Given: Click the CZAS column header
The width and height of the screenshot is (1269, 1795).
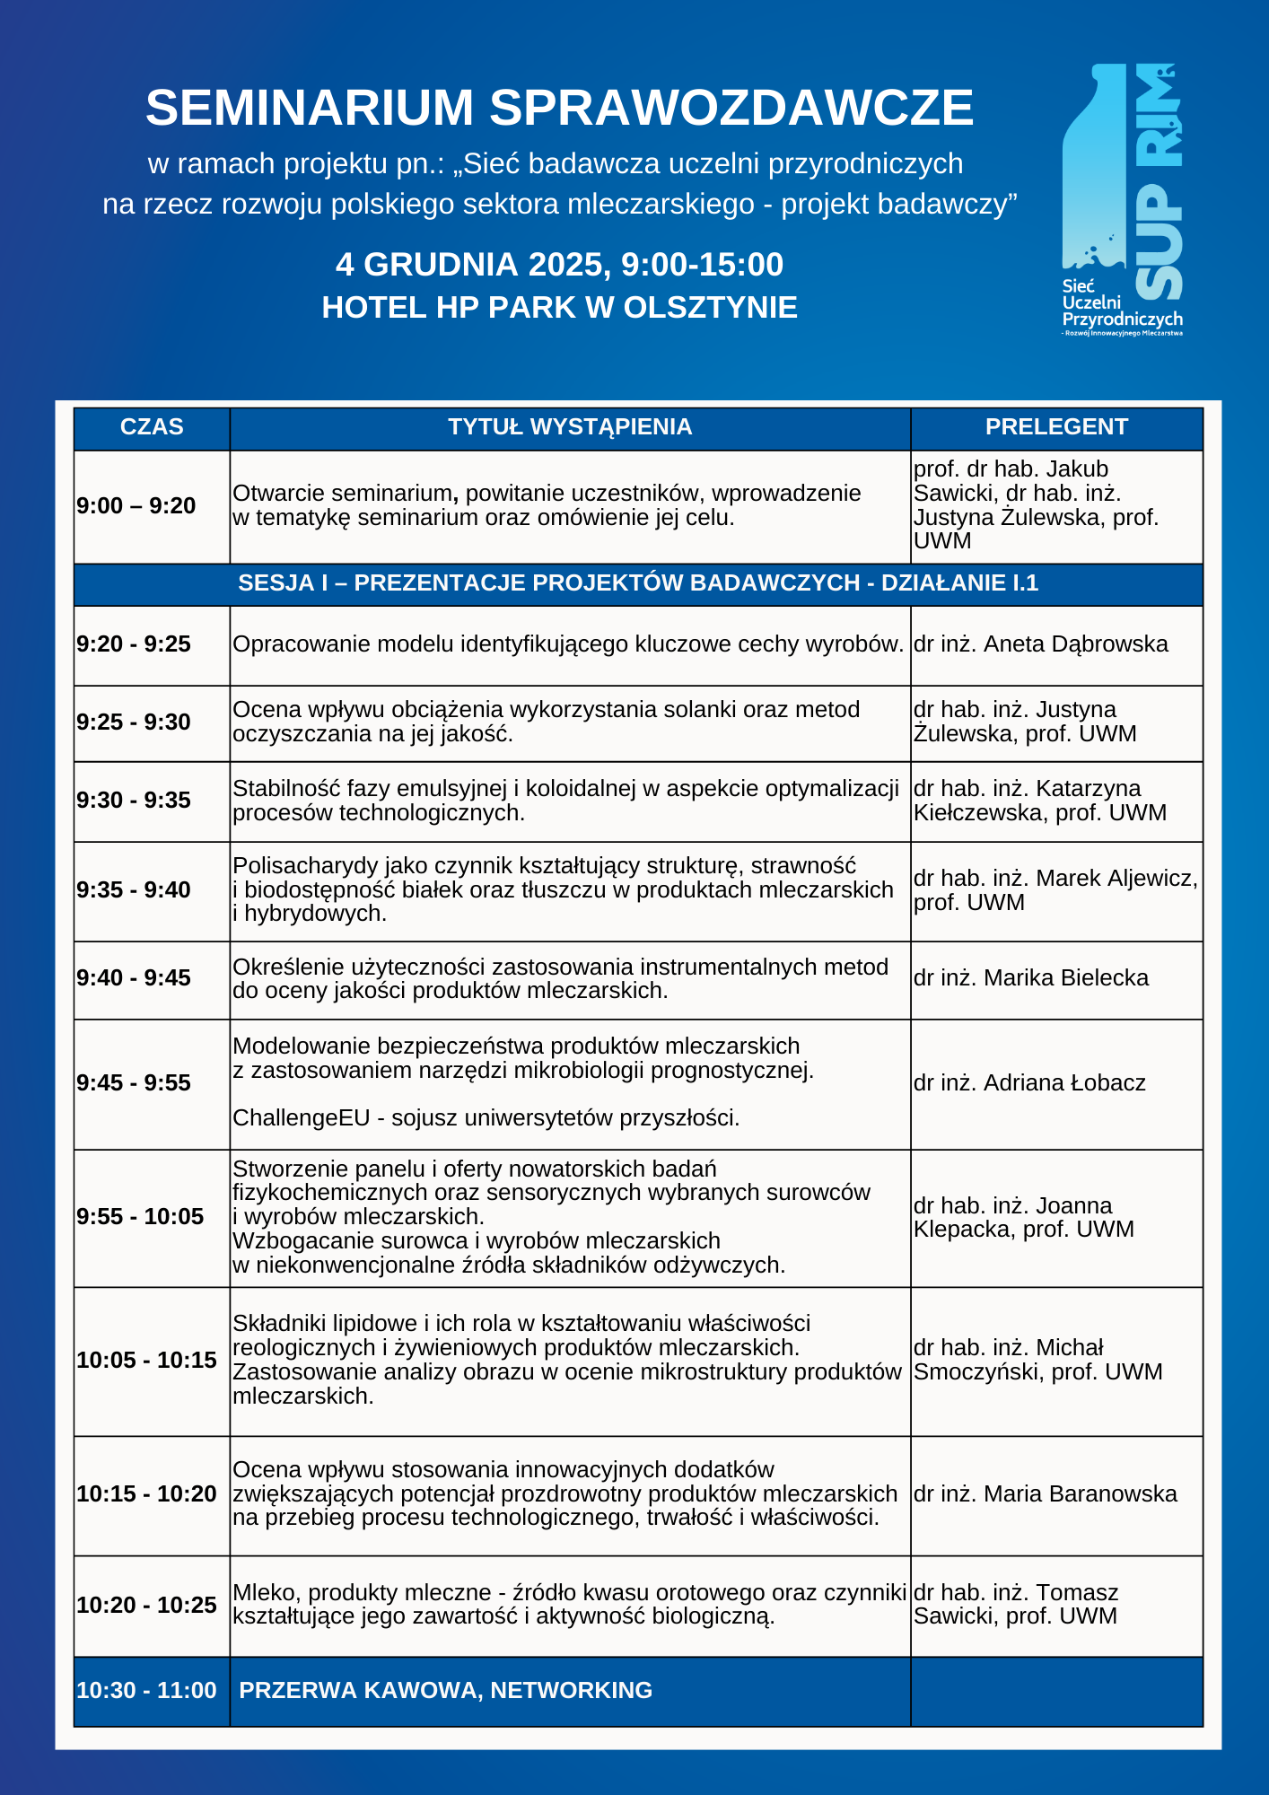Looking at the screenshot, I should point(152,427).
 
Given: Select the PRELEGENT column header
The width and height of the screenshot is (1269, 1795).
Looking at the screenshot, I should point(1056,427).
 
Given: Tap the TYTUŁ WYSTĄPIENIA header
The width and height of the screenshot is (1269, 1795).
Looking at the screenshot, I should point(570,427).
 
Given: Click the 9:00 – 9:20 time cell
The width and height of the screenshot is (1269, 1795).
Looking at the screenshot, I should point(136,506).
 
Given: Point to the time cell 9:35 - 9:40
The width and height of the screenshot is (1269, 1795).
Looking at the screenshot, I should point(134,890).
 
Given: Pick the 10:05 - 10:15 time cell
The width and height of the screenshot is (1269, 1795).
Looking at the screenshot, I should point(146,1361).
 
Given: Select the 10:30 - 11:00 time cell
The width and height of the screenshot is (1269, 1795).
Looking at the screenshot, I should point(146,1691).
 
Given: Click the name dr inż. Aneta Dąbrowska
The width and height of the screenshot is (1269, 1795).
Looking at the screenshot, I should point(1041,644).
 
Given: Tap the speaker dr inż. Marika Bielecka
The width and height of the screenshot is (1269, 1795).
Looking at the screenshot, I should point(1031,978).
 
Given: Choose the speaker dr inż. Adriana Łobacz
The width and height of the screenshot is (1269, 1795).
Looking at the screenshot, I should point(1029,1083).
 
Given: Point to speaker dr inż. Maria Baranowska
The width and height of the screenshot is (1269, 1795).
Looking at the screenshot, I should point(1046,1494).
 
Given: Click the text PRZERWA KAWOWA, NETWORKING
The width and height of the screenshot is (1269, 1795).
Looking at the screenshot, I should point(446,1691).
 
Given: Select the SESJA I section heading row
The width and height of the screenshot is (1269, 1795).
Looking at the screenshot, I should point(638,583).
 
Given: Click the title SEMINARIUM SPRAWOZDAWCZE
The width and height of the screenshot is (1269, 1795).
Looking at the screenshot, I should point(559,108).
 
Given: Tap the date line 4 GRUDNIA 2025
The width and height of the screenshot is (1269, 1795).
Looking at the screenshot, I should point(559,265).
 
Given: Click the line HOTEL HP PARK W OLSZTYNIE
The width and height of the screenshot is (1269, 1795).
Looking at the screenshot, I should point(559,308).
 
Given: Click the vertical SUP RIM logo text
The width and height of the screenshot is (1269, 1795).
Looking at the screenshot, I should point(1159,179).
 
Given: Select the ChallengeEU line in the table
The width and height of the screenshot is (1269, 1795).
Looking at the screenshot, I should point(486,1118).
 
